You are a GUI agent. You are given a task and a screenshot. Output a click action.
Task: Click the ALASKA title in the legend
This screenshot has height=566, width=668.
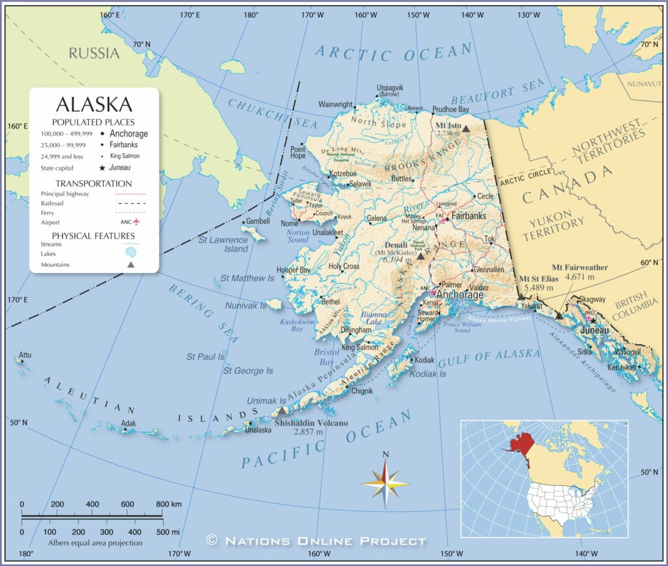(x=94, y=104)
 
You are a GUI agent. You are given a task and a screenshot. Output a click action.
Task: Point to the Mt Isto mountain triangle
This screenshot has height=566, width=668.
(x=466, y=129)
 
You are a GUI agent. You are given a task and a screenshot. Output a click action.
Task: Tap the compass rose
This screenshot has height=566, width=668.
(x=386, y=484)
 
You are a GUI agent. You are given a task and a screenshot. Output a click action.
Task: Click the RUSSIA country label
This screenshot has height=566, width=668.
(x=95, y=54)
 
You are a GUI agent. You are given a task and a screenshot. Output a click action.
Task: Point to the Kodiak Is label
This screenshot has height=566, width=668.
(x=427, y=374)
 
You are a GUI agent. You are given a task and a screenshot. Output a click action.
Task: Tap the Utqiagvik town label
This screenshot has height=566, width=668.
(x=390, y=87)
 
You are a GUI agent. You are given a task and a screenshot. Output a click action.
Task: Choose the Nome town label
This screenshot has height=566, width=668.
(x=289, y=223)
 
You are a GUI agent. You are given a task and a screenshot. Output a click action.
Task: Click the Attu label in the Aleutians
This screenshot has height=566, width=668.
(x=25, y=354)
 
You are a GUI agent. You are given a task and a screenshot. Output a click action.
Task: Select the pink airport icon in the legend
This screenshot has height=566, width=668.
(x=136, y=222)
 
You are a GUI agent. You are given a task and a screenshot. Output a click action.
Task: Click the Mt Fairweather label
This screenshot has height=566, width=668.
(x=579, y=268)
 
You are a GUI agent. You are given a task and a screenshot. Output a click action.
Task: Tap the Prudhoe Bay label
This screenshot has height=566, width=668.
(x=450, y=109)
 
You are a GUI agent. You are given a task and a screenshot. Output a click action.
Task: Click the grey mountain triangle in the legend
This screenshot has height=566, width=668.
(x=130, y=264)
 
